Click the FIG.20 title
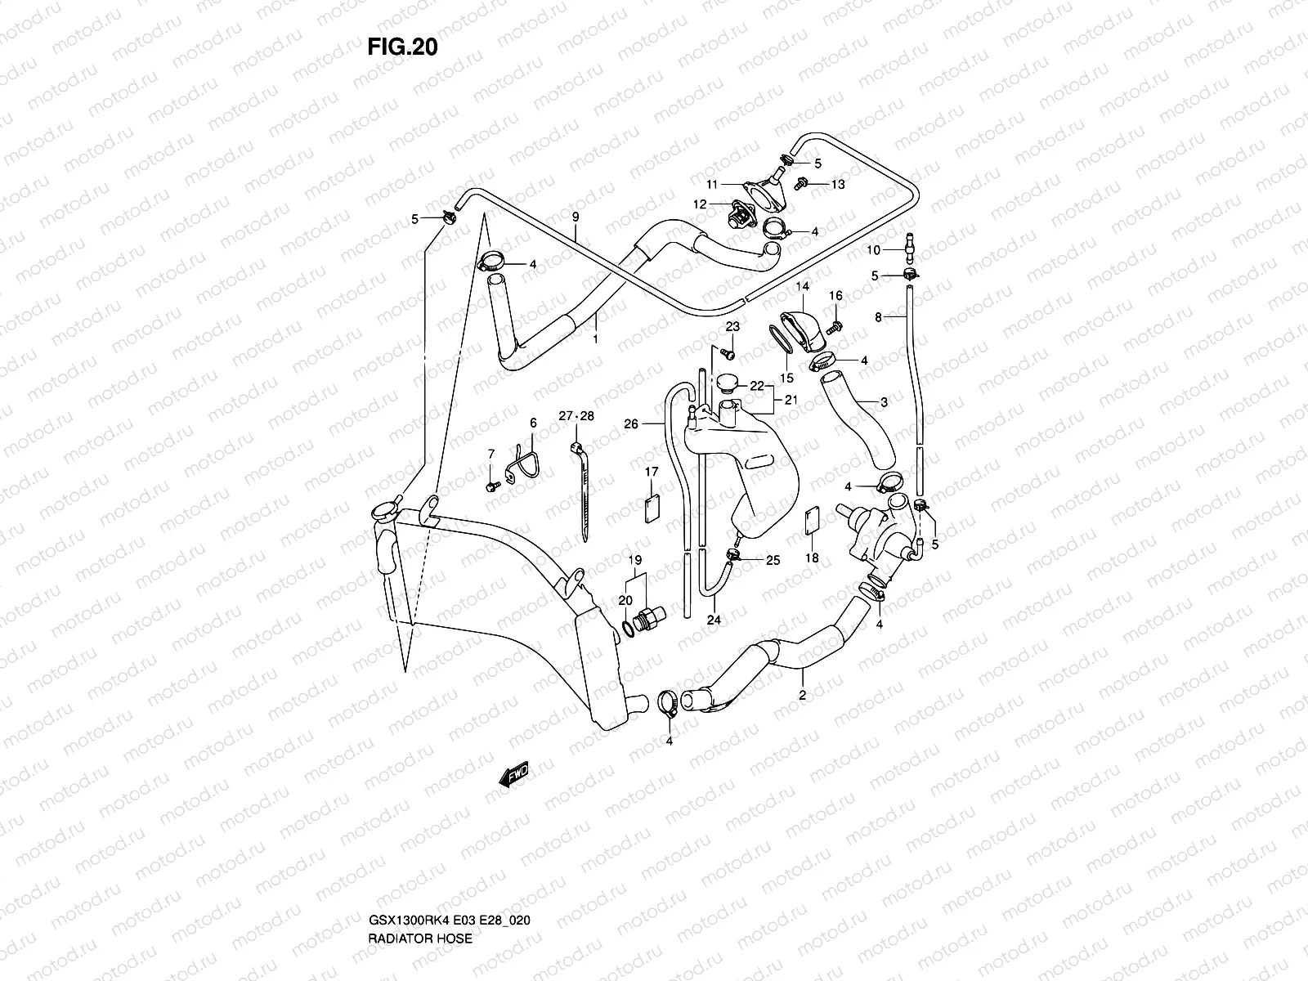click(402, 47)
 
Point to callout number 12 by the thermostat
click(701, 204)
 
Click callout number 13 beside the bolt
click(838, 185)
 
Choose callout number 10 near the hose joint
click(873, 249)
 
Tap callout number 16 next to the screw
click(835, 296)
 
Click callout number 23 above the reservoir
click(732, 326)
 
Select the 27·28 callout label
click(577, 416)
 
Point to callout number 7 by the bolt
click(491, 454)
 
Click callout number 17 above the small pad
click(652, 472)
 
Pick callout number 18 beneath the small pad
click(812, 558)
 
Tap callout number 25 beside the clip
click(773, 561)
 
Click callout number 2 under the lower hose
click(802, 696)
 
